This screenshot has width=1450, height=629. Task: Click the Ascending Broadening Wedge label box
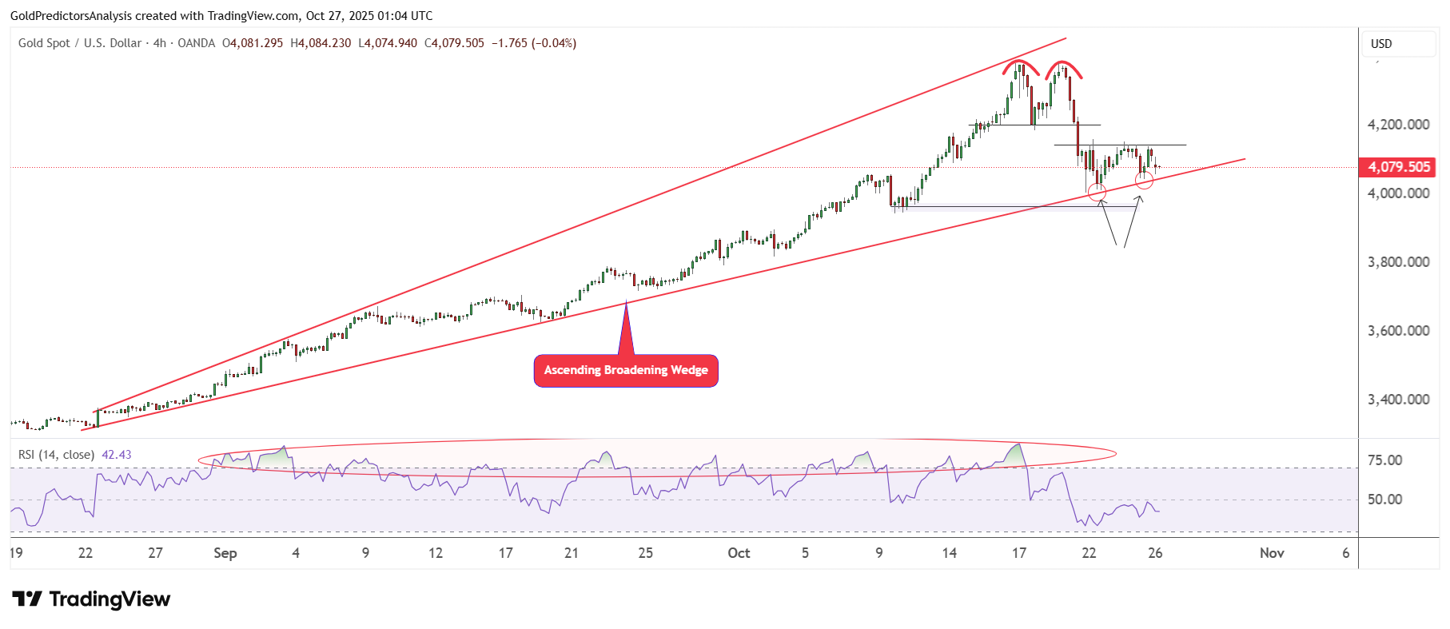coord(626,370)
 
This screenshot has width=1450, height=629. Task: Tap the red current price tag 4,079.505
coord(1399,167)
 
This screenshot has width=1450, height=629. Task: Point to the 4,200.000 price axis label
coord(1398,125)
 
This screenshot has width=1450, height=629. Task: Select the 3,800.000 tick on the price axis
coord(1398,262)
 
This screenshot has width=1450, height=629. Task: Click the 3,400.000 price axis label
coord(1398,400)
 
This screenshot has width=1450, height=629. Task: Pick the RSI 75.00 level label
coord(1384,460)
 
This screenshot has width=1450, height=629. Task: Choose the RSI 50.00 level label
coord(1384,500)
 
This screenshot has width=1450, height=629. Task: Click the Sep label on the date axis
coord(225,553)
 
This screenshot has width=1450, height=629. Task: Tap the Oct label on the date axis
coord(739,553)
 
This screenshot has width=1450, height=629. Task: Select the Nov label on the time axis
coord(1272,553)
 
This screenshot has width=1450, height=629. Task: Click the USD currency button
coord(1381,44)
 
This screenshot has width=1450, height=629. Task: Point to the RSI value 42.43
coord(117,455)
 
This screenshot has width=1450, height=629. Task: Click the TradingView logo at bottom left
coord(91,599)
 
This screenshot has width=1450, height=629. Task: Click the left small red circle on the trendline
coord(1097,192)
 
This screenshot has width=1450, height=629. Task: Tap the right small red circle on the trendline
coord(1144,181)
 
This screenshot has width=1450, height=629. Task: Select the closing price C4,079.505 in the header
coord(454,43)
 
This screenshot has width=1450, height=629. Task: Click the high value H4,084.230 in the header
coord(321,43)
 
